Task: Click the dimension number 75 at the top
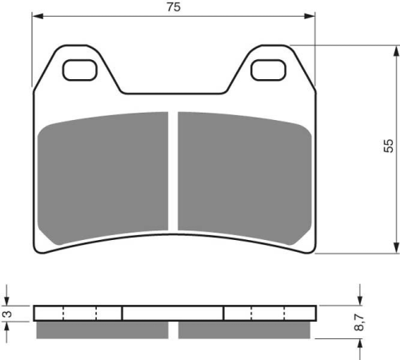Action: (174, 7)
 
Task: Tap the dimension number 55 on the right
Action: (389, 146)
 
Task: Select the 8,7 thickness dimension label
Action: (359, 322)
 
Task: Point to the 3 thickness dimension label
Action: (8, 314)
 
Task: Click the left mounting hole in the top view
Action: (80, 70)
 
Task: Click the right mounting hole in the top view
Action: (268, 70)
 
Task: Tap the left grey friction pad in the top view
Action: (103, 178)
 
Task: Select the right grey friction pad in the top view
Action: (245, 178)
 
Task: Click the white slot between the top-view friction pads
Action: (174, 171)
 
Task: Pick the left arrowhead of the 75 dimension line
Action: (38, 17)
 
